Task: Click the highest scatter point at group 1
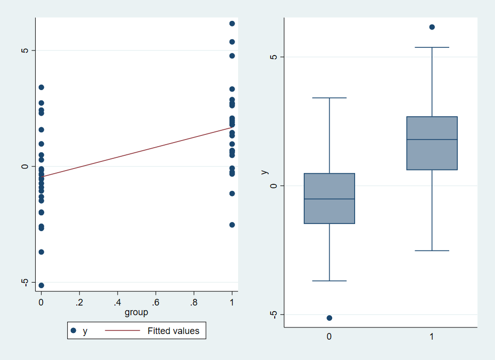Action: tap(232, 23)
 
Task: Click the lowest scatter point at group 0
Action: tap(41, 285)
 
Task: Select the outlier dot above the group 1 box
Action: tap(432, 27)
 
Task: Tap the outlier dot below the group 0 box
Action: tap(329, 318)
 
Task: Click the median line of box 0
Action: tap(329, 199)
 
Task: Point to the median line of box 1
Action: tap(432, 140)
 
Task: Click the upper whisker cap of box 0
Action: tap(329, 98)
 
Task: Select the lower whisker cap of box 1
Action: tap(432, 251)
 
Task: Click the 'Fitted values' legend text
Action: tap(173, 331)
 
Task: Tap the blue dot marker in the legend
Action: tap(73, 331)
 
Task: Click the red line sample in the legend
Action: tap(122, 331)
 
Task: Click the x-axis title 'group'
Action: tap(136, 312)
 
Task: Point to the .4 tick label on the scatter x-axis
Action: tap(118, 302)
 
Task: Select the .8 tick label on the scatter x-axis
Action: tap(194, 302)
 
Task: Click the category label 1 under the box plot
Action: tap(432, 337)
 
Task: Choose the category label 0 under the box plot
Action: tap(329, 337)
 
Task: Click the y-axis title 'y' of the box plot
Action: tap(264, 172)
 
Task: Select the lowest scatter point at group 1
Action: tap(232, 225)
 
